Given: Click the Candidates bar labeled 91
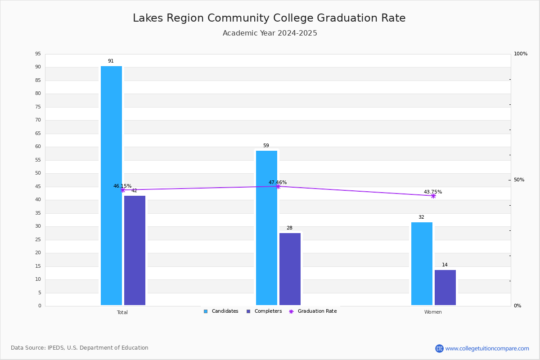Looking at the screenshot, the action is tap(112, 185).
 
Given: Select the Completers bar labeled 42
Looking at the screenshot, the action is tap(135, 250).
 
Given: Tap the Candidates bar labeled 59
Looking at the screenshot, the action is tap(266, 228).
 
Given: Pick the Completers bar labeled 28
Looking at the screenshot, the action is tap(290, 269).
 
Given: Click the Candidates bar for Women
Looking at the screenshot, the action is tap(422, 264).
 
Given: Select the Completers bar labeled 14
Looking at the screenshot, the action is tap(445, 288).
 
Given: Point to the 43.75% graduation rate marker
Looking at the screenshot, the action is tap(433, 196).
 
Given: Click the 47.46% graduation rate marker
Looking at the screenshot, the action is tap(278, 186).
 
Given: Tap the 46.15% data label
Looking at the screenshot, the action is tap(122, 186).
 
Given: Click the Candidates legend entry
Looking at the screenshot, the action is tap(221, 311).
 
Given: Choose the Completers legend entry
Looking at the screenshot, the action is tap(264, 311).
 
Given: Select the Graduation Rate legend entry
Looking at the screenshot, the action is tap(313, 311).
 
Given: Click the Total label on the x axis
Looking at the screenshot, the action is tap(122, 312).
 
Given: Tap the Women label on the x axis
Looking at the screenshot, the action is tap(433, 312).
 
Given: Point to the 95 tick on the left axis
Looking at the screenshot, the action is tap(38, 54).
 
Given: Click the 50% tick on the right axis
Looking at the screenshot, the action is tap(519, 180).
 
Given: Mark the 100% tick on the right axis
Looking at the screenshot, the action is tap(521, 54).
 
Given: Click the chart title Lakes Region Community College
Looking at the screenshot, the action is tap(223, 18).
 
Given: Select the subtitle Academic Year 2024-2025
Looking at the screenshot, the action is tap(270, 33).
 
